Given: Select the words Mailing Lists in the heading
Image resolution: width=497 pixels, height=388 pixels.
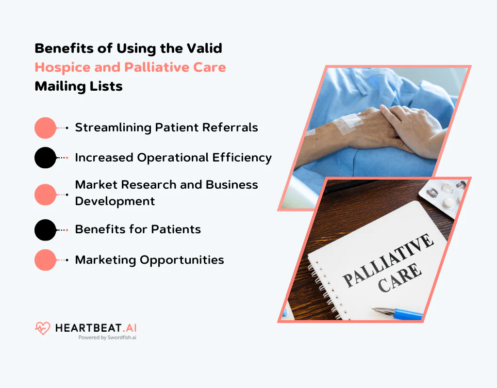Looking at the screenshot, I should pyautogui.click(x=79, y=86).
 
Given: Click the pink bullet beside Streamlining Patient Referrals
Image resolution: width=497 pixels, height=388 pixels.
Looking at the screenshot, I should pyautogui.click(x=46, y=128).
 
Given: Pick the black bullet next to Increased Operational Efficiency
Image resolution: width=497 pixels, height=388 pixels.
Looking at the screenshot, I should pyautogui.click(x=46, y=158).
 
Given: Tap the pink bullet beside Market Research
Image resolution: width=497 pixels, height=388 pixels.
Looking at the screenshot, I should pyautogui.click(x=46, y=194).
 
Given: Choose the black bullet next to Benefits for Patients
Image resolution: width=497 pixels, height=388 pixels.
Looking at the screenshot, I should pyautogui.click(x=46, y=230).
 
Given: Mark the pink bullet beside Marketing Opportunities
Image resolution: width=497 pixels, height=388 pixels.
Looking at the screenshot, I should pyautogui.click(x=46, y=260).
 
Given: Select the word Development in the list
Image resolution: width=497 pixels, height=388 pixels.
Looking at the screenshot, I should pyautogui.click(x=115, y=201).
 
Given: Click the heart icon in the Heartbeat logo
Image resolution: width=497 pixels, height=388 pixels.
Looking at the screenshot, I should pyautogui.click(x=42, y=329).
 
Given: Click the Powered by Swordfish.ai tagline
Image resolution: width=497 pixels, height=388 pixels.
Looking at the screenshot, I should pyautogui.click(x=107, y=338).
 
